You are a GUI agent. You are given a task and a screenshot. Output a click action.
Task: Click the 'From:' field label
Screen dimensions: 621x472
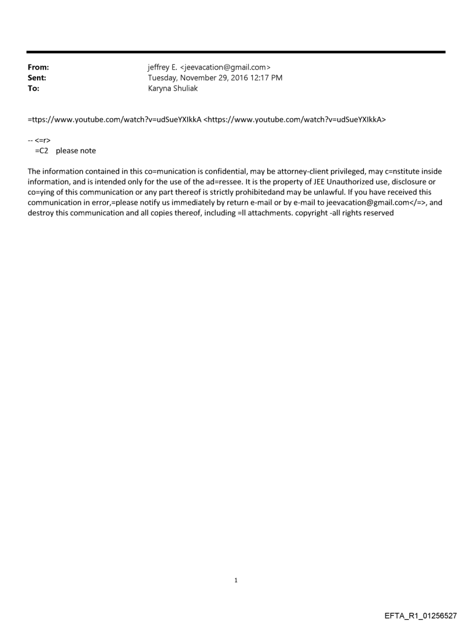click(x=38, y=68)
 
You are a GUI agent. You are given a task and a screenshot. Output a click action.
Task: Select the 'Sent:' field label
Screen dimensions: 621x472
click(x=37, y=78)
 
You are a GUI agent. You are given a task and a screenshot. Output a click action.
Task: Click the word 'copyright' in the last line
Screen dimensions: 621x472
click(x=309, y=212)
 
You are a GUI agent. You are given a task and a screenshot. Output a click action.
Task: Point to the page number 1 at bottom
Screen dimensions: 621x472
click(x=236, y=580)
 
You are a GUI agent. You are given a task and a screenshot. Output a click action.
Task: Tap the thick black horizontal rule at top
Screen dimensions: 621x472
click(x=236, y=52)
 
